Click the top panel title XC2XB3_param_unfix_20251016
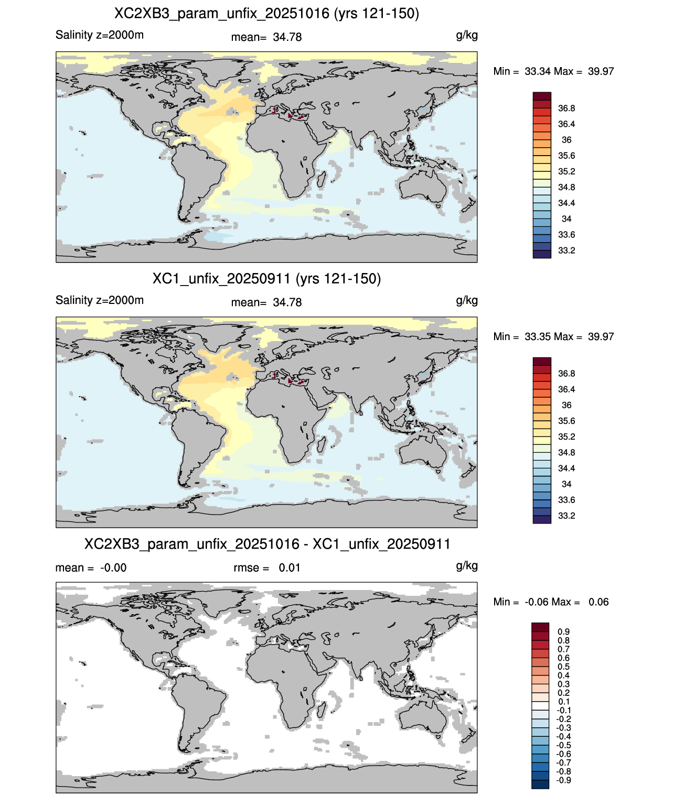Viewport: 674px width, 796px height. click(x=221, y=14)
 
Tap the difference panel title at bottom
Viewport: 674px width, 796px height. click(x=267, y=544)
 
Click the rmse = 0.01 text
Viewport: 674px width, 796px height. click(x=266, y=568)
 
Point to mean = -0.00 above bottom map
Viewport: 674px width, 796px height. click(x=91, y=568)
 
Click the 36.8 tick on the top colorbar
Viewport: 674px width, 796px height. click(x=566, y=108)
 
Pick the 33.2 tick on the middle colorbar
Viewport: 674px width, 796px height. click(x=566, y=516)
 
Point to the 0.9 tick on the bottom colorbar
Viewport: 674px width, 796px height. click(x=563, y=631)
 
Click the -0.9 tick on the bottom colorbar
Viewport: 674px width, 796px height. click(x=563, y=781)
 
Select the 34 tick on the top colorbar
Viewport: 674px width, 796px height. click(x=566, y=219)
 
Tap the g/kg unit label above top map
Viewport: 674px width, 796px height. click(x=467, y=36)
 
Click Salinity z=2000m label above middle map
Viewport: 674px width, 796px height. click(x=100, y=300)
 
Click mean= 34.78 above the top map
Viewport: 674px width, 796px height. click(x=266, y=37)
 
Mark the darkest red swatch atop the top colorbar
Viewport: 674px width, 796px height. click(x=542, y=96)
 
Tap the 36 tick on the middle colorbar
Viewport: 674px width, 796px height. click(x=566, y=405)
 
